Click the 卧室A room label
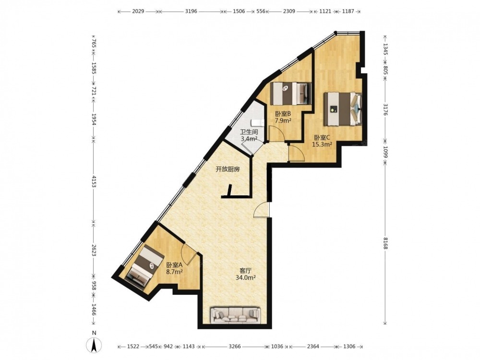pos(175,265)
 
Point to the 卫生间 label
pos(249,132)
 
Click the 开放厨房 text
pos(228,169)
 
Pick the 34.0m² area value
pos(245,277)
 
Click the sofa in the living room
pos(235,315)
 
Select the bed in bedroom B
pos(291,94)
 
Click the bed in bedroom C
pos(343,109)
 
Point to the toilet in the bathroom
pos(258,123)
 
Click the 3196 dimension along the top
pos(192,12)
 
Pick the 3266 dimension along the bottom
pos(235,347)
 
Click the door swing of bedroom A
pos(189,253)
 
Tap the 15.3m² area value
pos(322,144)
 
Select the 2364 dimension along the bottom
pos(313,347)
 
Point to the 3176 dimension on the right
pos(385,109)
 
